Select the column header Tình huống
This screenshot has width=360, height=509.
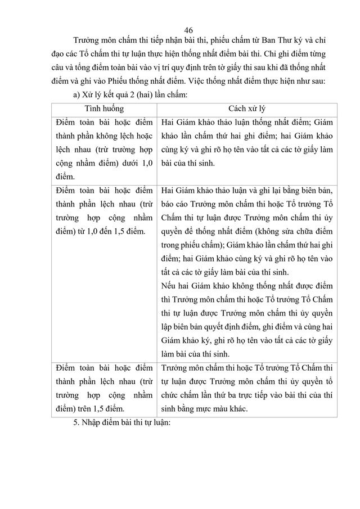click(105, 108)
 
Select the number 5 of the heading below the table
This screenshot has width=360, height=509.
click(76, 423)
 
